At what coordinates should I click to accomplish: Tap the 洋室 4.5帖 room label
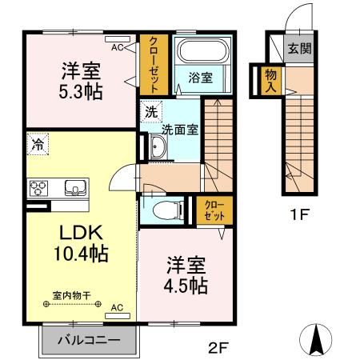pos(187,274)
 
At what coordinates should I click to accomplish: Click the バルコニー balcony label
pos(89,339)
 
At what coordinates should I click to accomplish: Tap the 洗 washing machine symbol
pos(149,111)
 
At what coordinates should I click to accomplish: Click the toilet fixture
pos(166,211)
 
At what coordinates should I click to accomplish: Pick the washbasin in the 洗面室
pos(158,147)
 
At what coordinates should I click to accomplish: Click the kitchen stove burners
pos(38,189)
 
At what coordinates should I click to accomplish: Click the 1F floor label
pos(298,214)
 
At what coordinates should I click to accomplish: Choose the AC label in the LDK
pos(116,307)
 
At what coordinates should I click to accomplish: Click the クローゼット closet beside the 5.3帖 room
pos(151,63)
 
